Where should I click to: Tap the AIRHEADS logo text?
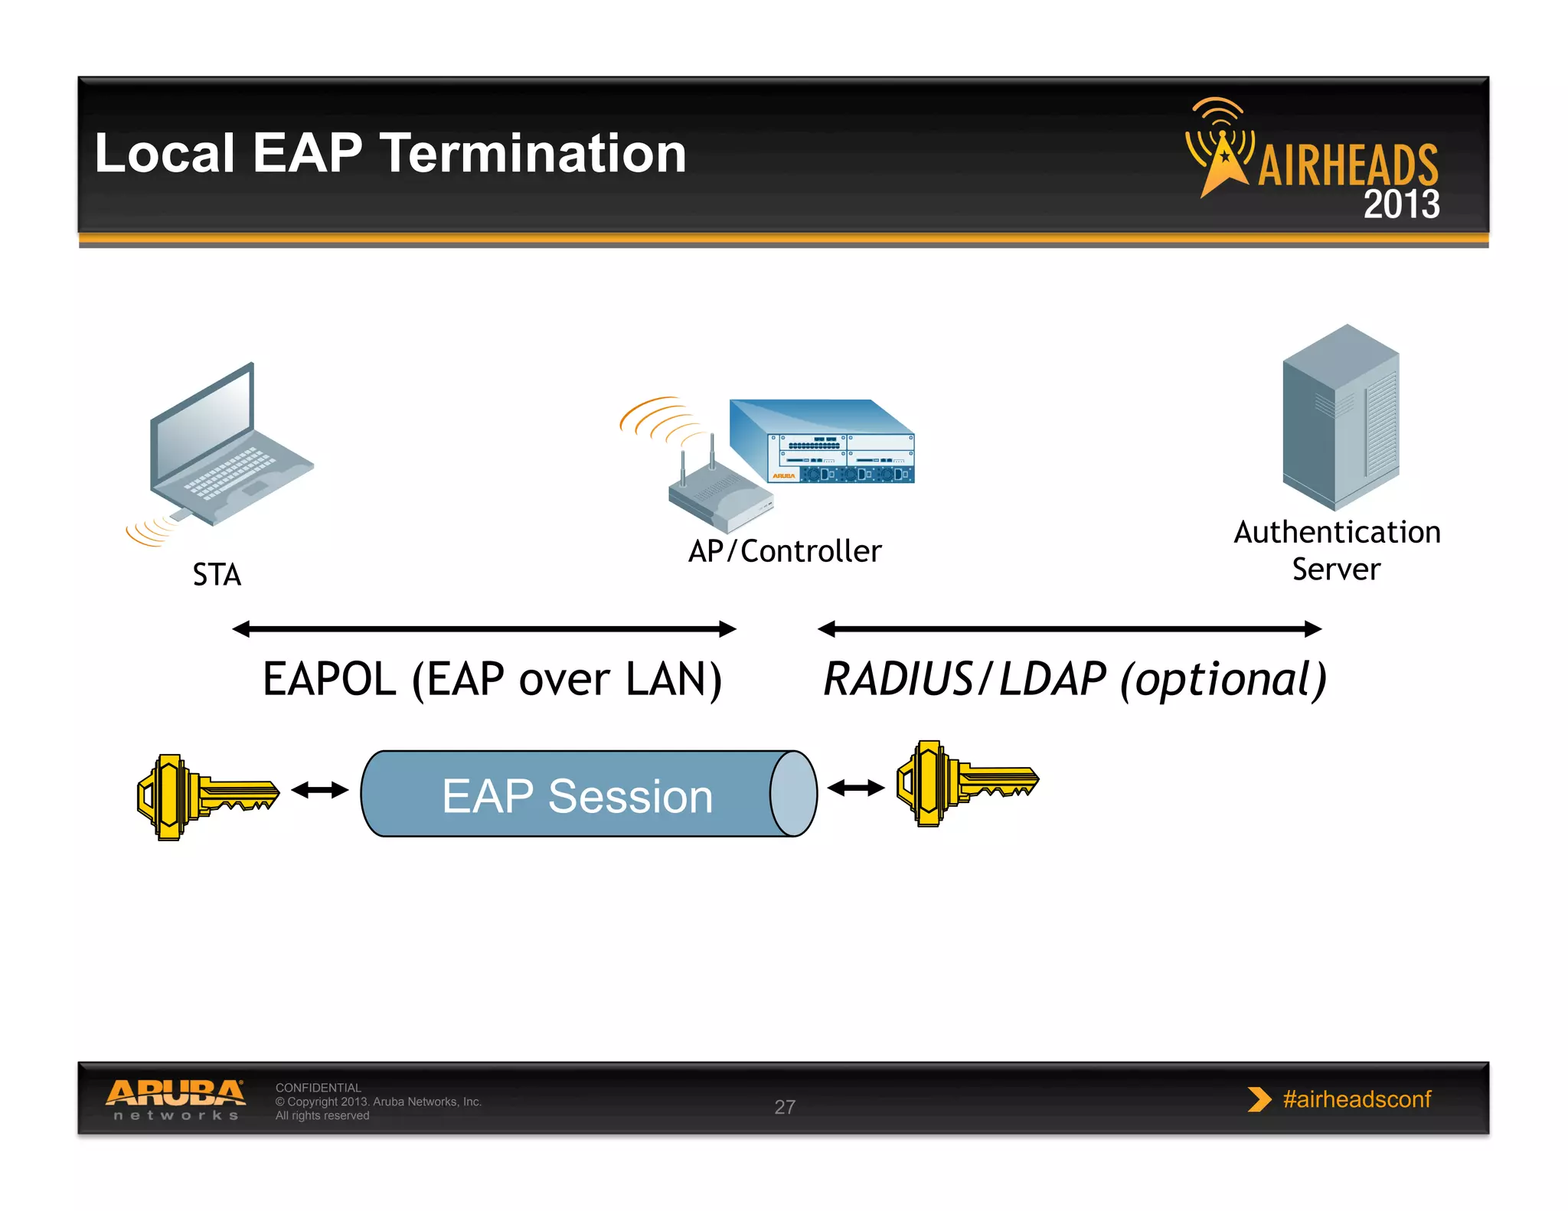(1347, 165)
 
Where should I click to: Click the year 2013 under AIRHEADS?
(1401, 204)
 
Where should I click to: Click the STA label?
(217, 575)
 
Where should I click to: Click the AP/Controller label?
(785, 551)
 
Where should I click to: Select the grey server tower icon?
(1341, 417)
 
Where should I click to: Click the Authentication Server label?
(1337, 550)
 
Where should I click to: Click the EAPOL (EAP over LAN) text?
(492, 679)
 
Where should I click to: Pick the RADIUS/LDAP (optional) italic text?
(1074, 679)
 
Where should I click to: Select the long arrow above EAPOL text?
(484, 629)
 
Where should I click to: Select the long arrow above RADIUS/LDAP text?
(1070, 629)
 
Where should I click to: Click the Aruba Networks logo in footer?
(176, 1099)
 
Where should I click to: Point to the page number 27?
(785, 1107)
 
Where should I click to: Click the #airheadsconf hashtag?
(1356, 1099)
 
